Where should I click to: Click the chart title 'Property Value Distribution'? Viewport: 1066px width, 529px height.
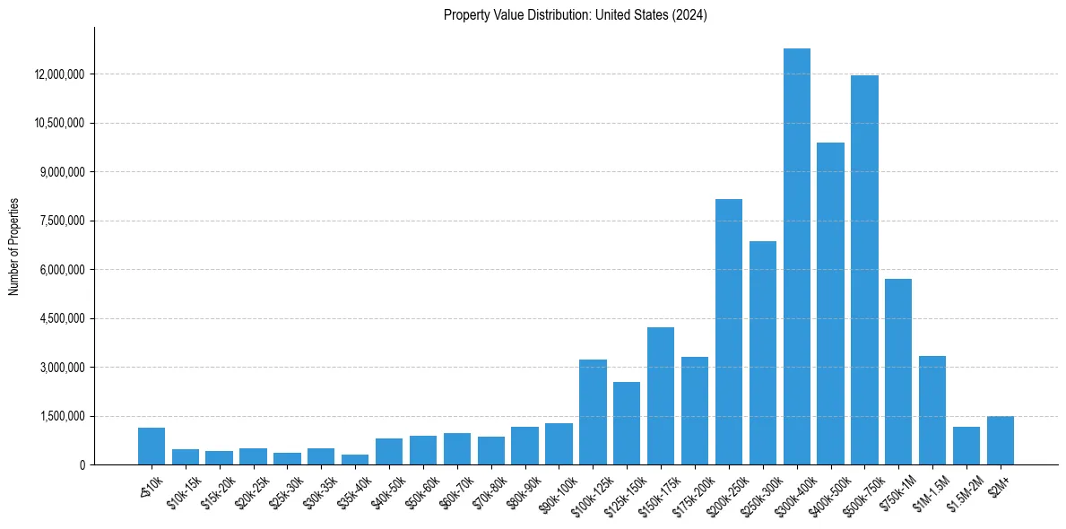(x=576, y=15)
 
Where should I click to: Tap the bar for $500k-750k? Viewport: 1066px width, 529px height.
(x=864, y=270)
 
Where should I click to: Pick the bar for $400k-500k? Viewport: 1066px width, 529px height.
(x=830, y=304)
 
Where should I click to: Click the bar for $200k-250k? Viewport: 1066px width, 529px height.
(x=729, y=332)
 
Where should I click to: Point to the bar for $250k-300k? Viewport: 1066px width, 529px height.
(x=763, y=353)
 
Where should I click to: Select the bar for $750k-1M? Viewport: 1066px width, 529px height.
(x=898, y=372)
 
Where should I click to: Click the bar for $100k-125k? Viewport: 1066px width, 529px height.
(x=593, y=412)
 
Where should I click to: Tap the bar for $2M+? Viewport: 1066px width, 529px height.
(x=1001, y=441)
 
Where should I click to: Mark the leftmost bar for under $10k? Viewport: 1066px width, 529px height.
(x=152, y=447)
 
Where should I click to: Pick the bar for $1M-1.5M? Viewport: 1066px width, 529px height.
(x=932, y=411)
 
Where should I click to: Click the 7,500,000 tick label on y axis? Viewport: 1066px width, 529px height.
(x=62, y=221)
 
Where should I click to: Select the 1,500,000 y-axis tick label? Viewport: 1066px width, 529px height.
(x=62, y=417)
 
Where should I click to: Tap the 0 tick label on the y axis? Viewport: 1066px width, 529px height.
(x=82, y=465)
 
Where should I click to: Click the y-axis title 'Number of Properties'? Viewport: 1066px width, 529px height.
(x=14, y=246)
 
